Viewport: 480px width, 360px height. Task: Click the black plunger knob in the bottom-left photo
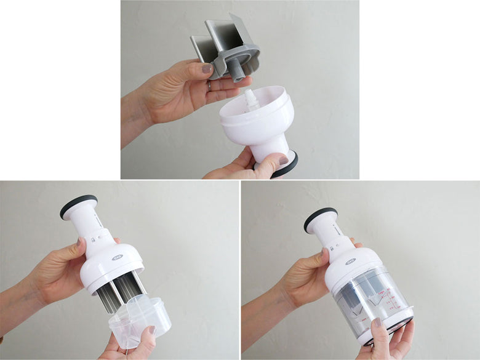pos(78,206)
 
